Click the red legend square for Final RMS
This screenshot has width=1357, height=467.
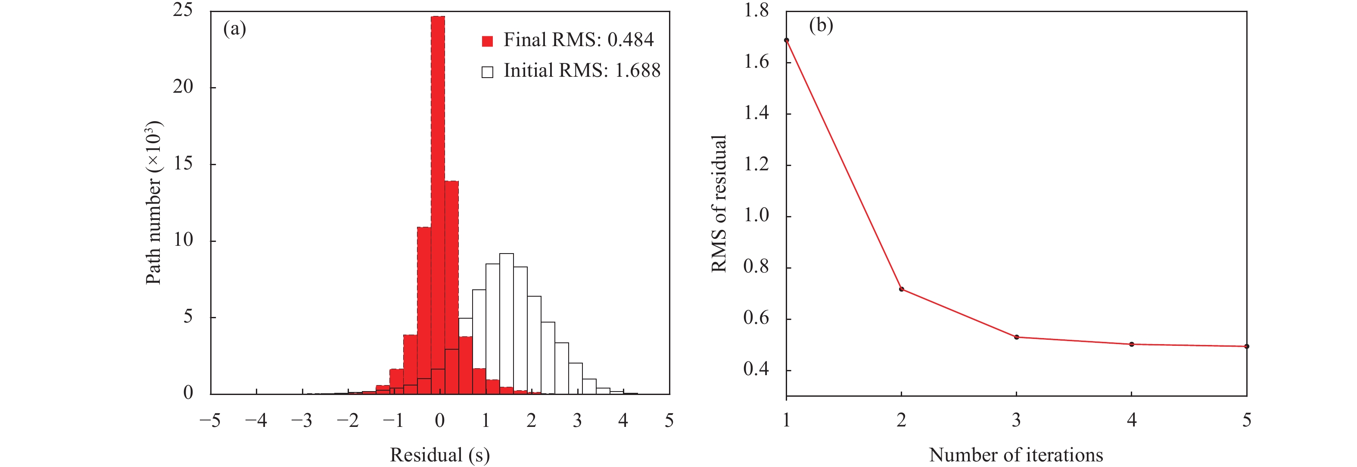(x=487, y=41)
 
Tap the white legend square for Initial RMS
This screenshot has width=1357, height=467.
(x=487, y=72)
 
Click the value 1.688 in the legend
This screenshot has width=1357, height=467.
(x=638, y=70)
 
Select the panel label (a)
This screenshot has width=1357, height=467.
(x=234, y=28)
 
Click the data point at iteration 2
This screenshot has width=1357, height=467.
(x=901, y=289)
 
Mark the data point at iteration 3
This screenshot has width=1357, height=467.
(x=1016, y=337)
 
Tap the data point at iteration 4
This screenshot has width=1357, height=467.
(x=1132, y=345)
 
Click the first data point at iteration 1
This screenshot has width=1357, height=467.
(x=787, y=41)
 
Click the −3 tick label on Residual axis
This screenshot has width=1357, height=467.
(x=302, y=420)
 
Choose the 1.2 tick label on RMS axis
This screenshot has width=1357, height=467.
(x=756, y=164)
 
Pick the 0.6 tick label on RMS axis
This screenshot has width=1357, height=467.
(x=756, y=318)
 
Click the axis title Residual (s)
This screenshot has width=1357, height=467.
(x=439, y=455)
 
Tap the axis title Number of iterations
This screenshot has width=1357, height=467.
(x=1016, y=455)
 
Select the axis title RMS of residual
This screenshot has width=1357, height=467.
(x=719, y=204)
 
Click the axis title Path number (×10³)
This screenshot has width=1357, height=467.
(x=153, y=204)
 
